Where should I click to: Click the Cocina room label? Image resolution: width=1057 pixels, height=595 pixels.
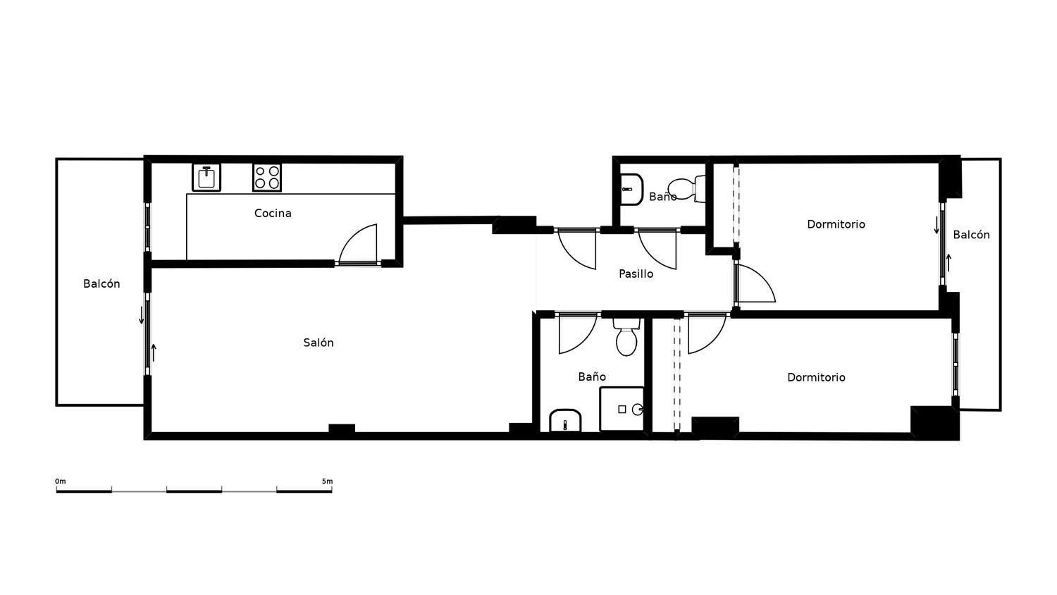point(273,214)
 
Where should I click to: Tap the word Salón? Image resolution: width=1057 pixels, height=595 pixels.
point(319,343)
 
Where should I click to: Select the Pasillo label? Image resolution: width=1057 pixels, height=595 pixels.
point(636,274)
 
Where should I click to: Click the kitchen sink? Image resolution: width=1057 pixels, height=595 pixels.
point(206,178)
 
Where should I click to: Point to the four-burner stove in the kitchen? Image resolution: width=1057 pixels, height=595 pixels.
point(267,178)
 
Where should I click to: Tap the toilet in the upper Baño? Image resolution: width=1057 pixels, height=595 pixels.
point(687,188)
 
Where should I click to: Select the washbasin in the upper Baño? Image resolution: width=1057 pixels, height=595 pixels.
point(631,190)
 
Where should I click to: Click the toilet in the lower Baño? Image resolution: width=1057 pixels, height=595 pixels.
point(626,337)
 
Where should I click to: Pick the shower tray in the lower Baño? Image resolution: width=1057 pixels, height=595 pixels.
point(622,409)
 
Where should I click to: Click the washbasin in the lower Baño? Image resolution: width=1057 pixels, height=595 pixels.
point(565,420)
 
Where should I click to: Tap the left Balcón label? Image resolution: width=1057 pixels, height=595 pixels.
point(101,284)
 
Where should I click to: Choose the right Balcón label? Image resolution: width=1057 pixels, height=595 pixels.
point(971,235)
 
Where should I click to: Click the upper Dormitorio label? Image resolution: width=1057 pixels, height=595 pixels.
point(836,224)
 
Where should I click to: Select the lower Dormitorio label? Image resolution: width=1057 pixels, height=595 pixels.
point(816,377)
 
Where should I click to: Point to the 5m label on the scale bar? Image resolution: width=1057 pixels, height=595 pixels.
point(328,481)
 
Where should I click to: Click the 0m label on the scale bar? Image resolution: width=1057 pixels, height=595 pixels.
point(61,481)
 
